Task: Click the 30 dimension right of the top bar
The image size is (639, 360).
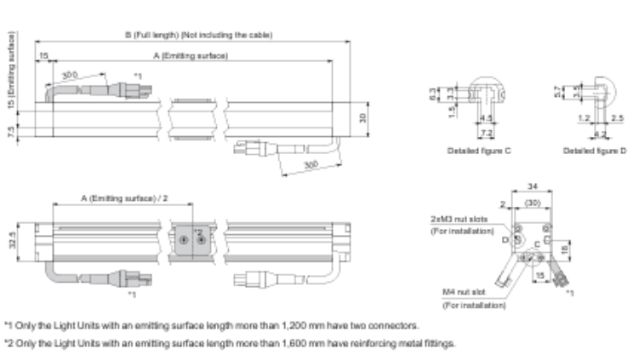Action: coord(363,117)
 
